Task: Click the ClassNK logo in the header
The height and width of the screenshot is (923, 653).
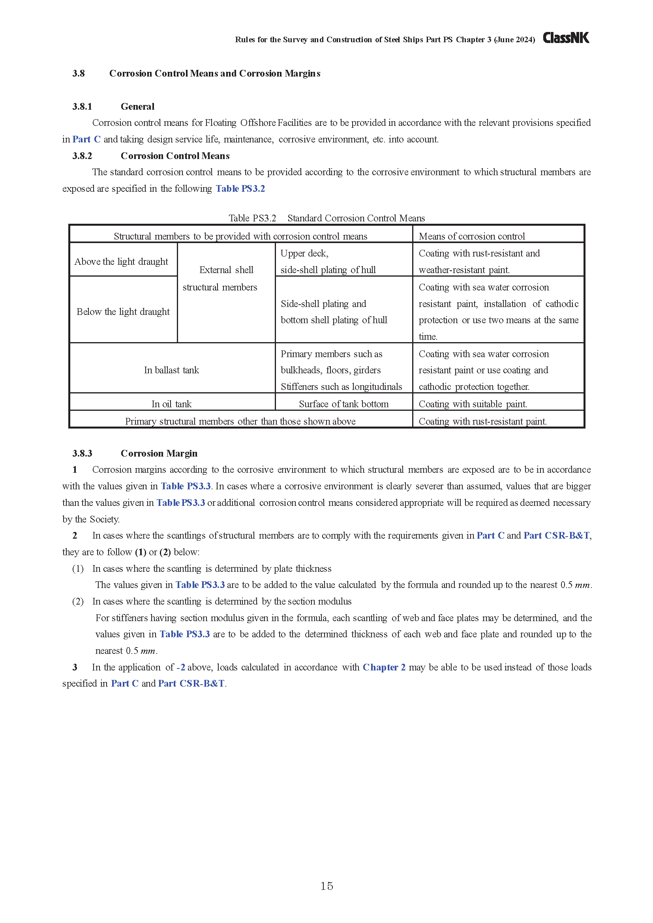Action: click(566, 38)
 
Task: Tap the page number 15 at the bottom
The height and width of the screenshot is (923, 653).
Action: click(326, 886)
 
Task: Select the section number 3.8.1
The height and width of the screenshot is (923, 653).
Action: click(82, 107)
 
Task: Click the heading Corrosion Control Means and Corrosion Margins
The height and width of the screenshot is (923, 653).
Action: click(215, 73)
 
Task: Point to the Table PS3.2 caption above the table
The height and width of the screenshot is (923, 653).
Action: click(326, 218)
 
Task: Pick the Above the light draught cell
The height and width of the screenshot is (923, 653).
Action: click(122, 262)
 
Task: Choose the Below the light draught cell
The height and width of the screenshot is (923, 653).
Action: click(123, 312)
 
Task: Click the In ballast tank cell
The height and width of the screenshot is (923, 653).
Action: click(171, 370)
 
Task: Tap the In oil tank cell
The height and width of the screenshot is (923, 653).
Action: click(171, 404)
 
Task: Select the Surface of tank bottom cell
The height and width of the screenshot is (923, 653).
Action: click(343, 404)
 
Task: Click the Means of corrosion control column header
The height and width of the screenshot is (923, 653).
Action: click(472, 236)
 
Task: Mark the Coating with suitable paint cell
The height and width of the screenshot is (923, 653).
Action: click(473, 404)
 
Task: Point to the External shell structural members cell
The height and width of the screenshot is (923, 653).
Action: click(226, 278)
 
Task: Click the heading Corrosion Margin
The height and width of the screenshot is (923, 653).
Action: click(159, 453)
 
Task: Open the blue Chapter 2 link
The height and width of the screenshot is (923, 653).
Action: click(384, 667)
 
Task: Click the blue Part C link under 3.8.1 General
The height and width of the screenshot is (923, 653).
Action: click(86, 139)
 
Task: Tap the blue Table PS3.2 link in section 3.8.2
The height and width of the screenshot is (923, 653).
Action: click(240, 189)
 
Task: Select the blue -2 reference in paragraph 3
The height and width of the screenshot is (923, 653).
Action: click(180, 667)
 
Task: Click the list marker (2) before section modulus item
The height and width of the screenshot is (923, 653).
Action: click(78, 601)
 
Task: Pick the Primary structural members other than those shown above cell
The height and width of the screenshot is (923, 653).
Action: click(240, 421)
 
